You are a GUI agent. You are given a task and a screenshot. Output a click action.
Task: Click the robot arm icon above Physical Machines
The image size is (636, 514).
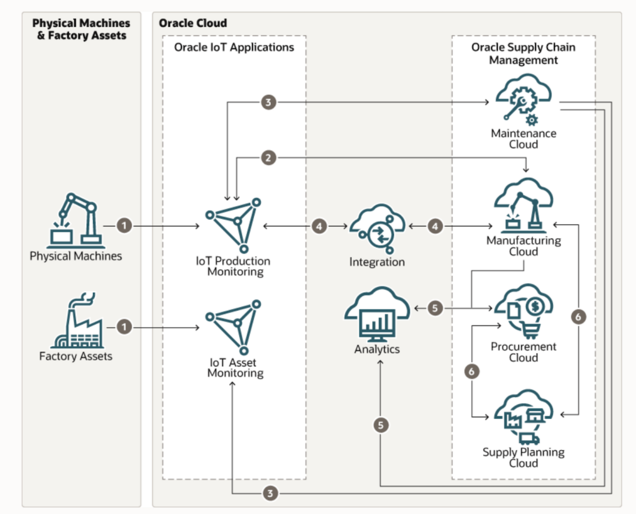pyautogui.click(x=75, y=219)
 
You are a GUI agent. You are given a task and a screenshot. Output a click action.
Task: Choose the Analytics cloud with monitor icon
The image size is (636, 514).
pyautogui.click(x=377, y=314)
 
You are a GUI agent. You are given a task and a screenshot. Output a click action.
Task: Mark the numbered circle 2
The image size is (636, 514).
pyautogui.click(x=268, y=158)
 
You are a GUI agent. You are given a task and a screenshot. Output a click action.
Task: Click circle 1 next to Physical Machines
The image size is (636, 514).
pyautogui.click(x=124, y=226)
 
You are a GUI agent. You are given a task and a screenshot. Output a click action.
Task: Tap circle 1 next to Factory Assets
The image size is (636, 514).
pyautogui.click(x=124, y=326)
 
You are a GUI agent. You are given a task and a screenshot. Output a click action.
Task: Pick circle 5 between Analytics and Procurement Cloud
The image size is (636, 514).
pyautogui.click(x=436, y=308)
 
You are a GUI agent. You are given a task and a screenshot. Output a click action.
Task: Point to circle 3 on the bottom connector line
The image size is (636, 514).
pyautogui.click(x=268, y=494)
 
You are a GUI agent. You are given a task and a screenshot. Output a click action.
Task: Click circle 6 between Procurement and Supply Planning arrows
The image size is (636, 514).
pyautogui.click(x=473, y=371)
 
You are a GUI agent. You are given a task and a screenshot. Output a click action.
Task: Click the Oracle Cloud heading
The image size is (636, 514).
pyautogui.click(x=193, y=23)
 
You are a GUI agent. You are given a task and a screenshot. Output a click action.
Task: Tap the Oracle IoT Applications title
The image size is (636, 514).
pyautogui.click(x=234, y=47)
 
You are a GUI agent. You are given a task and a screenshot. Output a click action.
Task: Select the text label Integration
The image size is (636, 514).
pyautogui.click(x=377, y=262)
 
